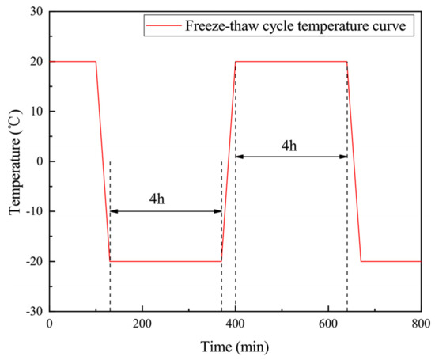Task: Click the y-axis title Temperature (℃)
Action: [x=14, y=161]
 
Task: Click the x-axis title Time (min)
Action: [x=235, y=345]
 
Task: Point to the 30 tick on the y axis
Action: [x=34, y=11]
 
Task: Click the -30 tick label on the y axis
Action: [x=32, y=311]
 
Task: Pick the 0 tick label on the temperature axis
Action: [x=38, y=161]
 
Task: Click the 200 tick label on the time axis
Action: [x=142, y=324]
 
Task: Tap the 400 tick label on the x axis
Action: [x=235, y=324]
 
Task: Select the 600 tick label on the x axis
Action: [x=328, y=324]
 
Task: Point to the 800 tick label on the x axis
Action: [x=421, y=324]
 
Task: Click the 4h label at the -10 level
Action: [x=157, y=199]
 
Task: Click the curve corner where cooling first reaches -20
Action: [x=110, y=261]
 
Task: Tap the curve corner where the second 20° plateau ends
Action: [x=346, y=62]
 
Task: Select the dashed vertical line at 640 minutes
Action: [x=346, y=237]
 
